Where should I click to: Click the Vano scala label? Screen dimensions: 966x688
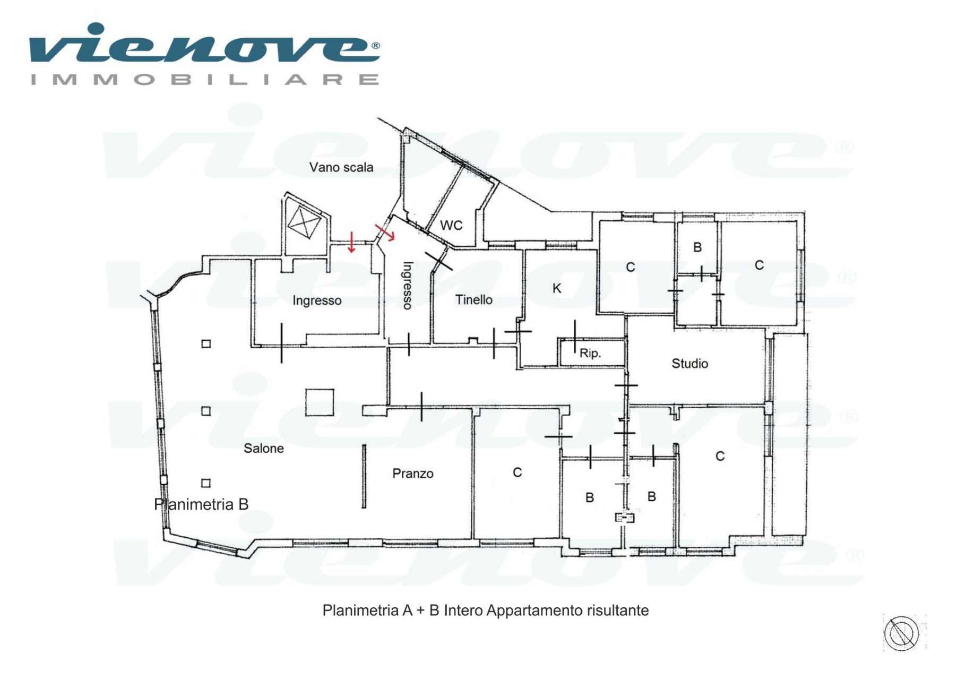tap(341, 167)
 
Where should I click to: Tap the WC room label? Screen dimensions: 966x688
tap(451, 225)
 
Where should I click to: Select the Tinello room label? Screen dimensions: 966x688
tap(474, 300)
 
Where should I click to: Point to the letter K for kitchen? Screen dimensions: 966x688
tap(557, 288)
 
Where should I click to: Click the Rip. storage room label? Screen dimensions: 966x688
tap(590, 353)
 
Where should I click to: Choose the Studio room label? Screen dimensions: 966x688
tap(690, 364)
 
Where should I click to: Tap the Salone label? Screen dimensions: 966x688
tap(264, 449)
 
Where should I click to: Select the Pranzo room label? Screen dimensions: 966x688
tap(413, 474)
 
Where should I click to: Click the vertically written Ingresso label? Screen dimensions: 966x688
tap(408, 285)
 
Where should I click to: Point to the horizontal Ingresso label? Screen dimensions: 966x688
tap(317, 300)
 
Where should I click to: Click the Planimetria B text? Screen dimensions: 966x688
tap(201, 504)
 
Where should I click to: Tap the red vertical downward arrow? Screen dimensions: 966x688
tap(351, 242)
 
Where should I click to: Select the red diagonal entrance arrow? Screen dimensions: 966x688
tap(385, 233)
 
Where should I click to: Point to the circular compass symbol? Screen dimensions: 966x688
tap(901, 633)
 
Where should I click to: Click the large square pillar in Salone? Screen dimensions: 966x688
tap(320, 402)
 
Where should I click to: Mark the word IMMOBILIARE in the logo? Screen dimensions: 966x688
tap(205, 80)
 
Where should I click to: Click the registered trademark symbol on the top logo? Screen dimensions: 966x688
tap(375, 46)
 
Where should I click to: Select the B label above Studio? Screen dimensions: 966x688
tap(697, 247)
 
